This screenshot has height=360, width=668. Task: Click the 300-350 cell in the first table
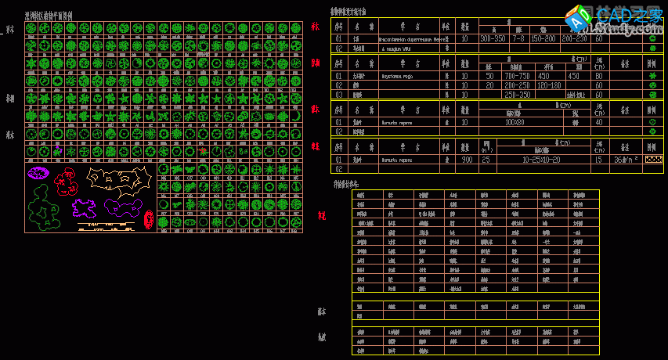click(493, 38)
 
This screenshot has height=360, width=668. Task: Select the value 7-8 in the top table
click(518, 38)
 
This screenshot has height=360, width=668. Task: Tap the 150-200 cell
click(545, 38)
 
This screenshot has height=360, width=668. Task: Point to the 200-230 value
click(575, 38)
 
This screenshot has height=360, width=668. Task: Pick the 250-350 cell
click(518, 95)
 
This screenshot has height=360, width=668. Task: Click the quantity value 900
click(466, 160)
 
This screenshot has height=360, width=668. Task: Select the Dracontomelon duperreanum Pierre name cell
click(413, 38)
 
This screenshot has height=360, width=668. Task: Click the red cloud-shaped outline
click(66, 185)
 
